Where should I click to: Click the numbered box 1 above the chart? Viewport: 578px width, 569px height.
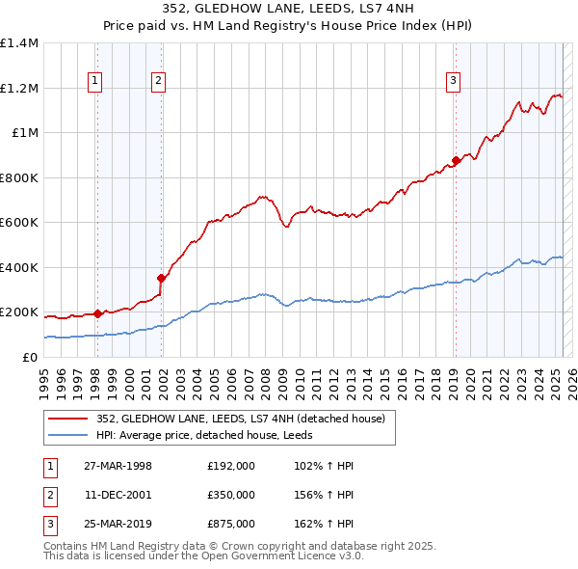96,82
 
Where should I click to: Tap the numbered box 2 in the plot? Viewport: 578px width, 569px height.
157,82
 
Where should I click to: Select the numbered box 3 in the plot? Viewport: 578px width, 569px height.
453,82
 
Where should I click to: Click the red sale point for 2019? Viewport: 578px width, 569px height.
456,161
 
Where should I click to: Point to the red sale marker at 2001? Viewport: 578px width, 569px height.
162,279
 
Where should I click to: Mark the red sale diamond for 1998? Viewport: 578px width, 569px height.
98,313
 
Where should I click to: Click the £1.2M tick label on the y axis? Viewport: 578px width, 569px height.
19,88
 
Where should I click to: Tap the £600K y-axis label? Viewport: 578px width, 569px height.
19,222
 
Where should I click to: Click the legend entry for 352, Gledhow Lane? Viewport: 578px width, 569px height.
241,419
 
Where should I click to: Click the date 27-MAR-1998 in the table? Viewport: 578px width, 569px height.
118,466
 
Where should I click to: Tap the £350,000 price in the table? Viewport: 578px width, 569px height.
230,495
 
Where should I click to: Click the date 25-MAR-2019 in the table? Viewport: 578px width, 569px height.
118,524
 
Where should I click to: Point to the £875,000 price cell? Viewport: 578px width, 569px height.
230,524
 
